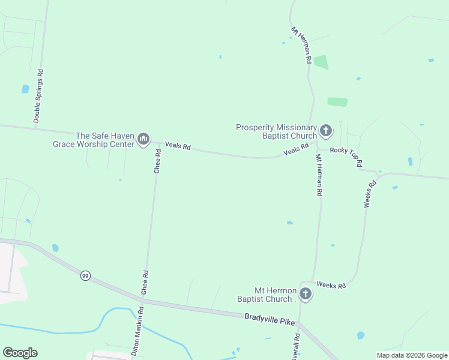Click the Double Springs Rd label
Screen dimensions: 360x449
[x=38, y=97]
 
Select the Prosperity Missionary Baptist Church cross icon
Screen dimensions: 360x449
[x=326, y=131]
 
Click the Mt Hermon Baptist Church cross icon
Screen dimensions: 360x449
[x=306, y=294]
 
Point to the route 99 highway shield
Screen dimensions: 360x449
[x=85, y=275]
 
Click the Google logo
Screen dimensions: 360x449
[x=20, y=353]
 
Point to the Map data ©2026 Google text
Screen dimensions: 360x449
[x=412, y=355]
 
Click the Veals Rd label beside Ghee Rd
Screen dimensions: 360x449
[x=178, y=146]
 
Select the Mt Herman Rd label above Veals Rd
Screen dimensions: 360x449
[x=301, y=45]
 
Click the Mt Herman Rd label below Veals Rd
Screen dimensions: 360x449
[x=319, y=175]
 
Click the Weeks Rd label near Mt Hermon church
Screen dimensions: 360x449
[x=331, y=285]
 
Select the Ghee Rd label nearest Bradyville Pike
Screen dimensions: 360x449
[x=144, y=281]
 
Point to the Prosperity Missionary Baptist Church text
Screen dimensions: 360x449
[x=276, y=131]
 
